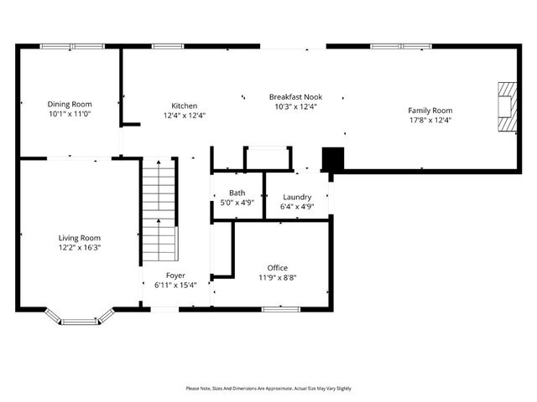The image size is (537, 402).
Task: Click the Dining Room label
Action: pyautogui.click(x=70, y=104)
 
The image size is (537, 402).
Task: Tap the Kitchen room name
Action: pyautogui.click(x=184, y=106)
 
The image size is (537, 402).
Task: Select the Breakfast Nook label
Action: pyautogui.click(x=296, y=96)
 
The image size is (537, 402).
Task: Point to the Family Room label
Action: pyautogui.click(x=430, y=111)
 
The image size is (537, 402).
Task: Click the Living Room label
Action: pyautogui.click(x=79, y=238)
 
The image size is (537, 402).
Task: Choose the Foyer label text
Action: pyautogui.click(x=175, y=276)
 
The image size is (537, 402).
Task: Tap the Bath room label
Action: pyautogui.click(x=237, y=193)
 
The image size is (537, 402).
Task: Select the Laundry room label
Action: pyautogui.click(x=297, y=197)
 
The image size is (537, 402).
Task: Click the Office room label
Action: pyautogui.click(x=277, y=268)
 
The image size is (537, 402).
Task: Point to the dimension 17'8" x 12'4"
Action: pyautogui.click(x=430, y=121)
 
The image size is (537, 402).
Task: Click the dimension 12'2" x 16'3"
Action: pyautogui.click(x=79, y=248)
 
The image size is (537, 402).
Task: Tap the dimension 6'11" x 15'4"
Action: pyautogui.click(x=175, y=285)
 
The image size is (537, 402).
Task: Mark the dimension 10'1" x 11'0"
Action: pyautogui.click(x=70, y=114)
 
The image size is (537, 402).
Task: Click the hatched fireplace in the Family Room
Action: pyautogui.click(x=506, y=107)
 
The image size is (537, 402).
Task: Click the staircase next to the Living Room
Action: pyautogui.click(x=159, y=209)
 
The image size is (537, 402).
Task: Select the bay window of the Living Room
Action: pyautogui.click(x=80, y=317)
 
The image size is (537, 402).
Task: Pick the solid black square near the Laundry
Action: pyautogui.click(x=333, y=159)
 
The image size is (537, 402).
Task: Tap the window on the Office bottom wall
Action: pyautogui.click(x=281, y=309)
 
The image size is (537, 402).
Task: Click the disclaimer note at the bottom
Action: pyautogui.click(x=268, y=389)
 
